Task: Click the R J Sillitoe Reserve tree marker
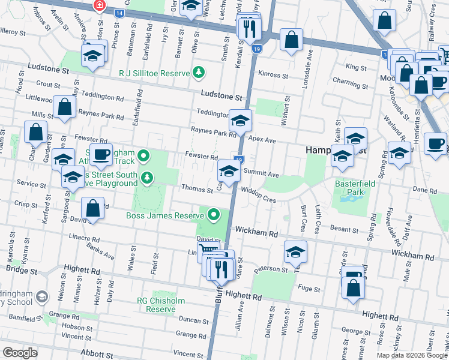[198, 73]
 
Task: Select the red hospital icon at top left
[99, 5]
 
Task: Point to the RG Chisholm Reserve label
[160, 304]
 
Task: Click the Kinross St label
[273, 76]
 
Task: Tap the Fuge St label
[309, 289]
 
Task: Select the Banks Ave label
[100, 250]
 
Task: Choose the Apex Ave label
[262, 140]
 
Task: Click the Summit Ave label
[262, 174]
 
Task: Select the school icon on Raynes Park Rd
[240, 122]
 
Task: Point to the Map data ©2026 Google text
[411, 355]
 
